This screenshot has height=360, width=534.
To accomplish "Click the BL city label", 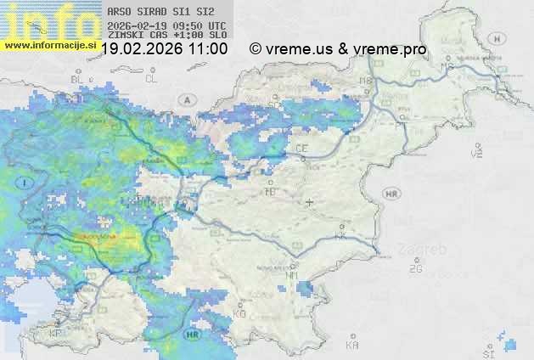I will click(76, 79).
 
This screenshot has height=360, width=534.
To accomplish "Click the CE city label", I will click(301, 148).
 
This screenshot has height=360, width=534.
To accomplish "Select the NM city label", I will click(291, 275).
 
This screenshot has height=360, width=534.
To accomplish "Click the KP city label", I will click(55, 333).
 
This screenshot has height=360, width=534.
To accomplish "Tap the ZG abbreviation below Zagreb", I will click(415, 269).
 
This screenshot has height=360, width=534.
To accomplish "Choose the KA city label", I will click(352, 346).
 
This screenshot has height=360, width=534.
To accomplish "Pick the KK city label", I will click(340, 237).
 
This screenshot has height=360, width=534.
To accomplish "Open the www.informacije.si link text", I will click(49, 42).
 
